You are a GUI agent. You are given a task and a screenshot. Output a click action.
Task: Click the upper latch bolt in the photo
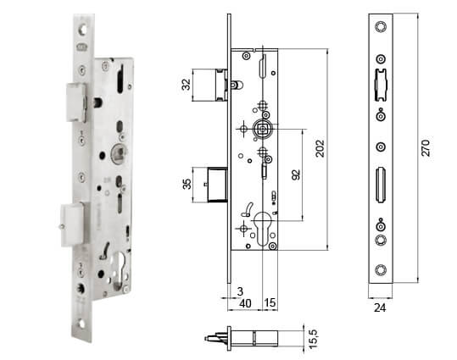click(x=74, y=101)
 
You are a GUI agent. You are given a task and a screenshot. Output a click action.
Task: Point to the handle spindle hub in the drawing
click(x=262, y=129)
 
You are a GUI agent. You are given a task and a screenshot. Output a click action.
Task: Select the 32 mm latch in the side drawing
click(x=209, y=85)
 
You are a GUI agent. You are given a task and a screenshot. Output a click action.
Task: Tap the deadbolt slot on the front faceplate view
click(x=380, y=184)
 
